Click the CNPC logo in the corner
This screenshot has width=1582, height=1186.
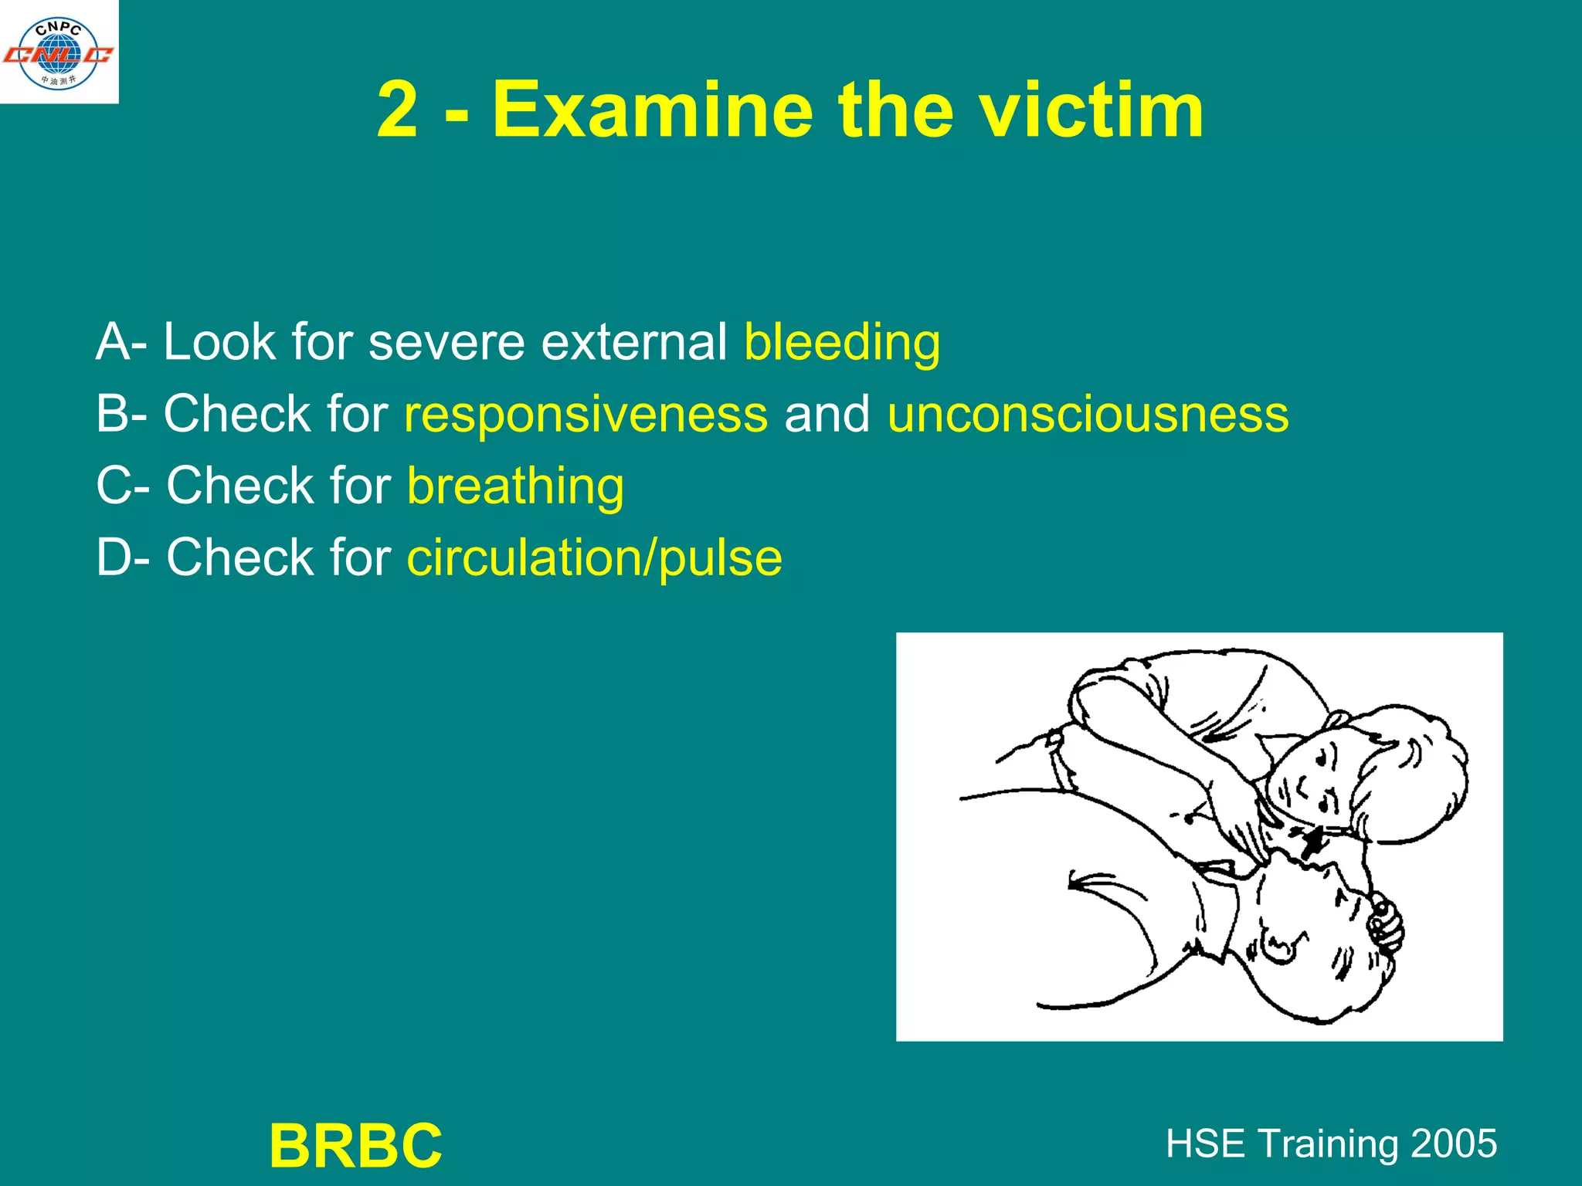pyautogui.click(x=59, y=53)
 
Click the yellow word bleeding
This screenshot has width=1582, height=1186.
pyautogui.click(x=842, y=342)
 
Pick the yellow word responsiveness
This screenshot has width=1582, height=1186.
pyautogui.click(x=586, y=414)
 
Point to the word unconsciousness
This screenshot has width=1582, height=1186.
pyautogui.click(x=1088, y=414)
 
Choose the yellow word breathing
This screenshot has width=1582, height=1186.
pyautogui.click(x=515, y=486)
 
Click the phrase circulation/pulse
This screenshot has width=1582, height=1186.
pyautogui.click(x=594, y=557)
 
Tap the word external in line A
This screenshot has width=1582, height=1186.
pyautogui.click(x=633, y=342)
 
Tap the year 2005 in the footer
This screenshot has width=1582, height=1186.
pyautogui.click(x=1455, y=1144)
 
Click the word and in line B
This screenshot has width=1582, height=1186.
pyautogui.click(x=827, y=414)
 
